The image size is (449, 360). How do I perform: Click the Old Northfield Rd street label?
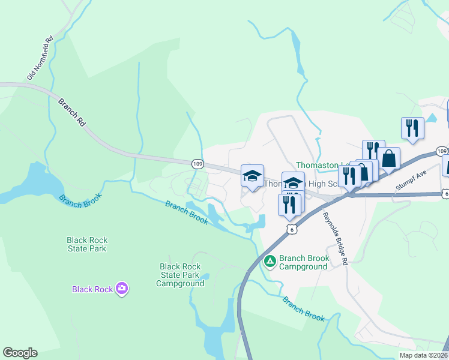click(x=41, y=58)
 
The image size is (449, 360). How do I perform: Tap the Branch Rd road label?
click(x=73, y=113)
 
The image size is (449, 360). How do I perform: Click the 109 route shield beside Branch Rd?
click(x=197, y=164)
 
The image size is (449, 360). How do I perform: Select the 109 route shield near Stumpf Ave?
click(x=441, y=151)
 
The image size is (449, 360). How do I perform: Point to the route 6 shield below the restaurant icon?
click(x=292, y=230)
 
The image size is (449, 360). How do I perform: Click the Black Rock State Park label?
click(x=87, y=245)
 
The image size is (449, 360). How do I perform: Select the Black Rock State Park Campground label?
click(x=181, y=275)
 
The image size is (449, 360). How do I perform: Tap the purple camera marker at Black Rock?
click(x=122, y=289)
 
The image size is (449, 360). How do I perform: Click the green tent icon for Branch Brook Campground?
click(x=270, y=261)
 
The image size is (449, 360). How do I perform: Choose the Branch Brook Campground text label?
click(x=304, y=262)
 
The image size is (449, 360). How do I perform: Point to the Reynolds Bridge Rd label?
click(x=335, y=238)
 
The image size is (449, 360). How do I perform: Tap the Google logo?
click(x=20, y=353)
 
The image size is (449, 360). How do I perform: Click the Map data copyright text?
click(x=424, y=355)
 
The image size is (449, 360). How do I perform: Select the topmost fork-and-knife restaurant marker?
click(x=412, y=128)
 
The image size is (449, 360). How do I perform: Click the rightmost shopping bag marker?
click(x=388, y=159)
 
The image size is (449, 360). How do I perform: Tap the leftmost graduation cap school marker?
click(x=253, y=176)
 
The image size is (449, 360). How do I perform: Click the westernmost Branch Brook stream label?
click(x=80, y=198)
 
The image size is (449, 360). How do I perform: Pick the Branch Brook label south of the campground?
click(x=304, y=308)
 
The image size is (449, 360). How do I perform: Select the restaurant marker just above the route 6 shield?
click(x=290, y=205)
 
